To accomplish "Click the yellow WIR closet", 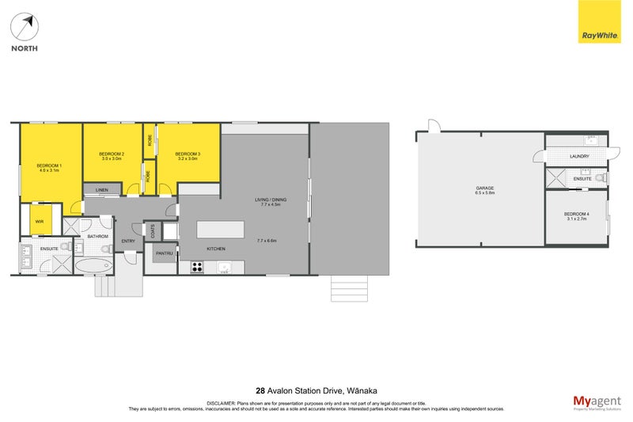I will [40, 220].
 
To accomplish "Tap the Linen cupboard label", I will [102, 191].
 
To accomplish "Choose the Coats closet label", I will [153, 231].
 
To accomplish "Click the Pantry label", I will [164, 253].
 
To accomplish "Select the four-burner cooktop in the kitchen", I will [197, 267].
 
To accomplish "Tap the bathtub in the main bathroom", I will [94, 266].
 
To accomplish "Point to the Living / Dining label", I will [267, 201].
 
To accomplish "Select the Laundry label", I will [579, 156].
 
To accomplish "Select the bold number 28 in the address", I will [260, 390].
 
